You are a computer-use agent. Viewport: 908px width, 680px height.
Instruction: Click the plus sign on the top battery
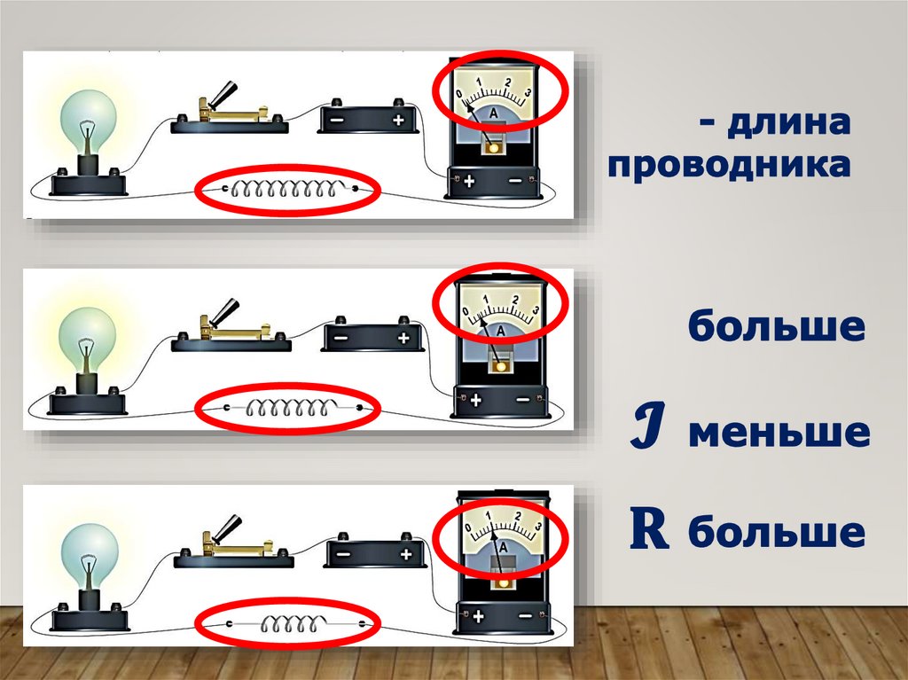[398, 121]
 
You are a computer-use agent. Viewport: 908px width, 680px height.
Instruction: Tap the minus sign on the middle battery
[342, 338]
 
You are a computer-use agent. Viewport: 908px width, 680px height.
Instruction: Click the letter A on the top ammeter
[493, 113]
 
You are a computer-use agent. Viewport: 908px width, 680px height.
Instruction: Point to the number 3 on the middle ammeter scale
[536, 310]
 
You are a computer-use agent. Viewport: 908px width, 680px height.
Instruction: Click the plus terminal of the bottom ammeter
[478, 616]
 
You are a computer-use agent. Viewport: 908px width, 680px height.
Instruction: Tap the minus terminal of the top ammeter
[515, 181]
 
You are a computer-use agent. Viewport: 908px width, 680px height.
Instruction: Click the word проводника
[729, 166]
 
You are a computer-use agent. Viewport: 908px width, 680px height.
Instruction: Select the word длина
[788, 122]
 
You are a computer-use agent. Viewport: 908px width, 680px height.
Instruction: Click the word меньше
[779, 433]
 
